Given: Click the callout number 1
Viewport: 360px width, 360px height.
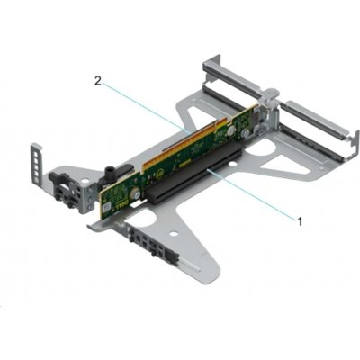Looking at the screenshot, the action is pos(300,222).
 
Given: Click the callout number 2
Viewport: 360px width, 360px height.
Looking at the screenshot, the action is pos(98,81).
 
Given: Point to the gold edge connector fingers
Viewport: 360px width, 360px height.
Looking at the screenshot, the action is pos(179,143).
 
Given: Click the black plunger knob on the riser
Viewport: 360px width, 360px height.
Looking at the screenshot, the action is pos(108,173).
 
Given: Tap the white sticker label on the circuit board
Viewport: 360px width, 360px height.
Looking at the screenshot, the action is pos(107,208).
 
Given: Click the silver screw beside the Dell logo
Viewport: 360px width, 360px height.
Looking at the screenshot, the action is pos(137,194).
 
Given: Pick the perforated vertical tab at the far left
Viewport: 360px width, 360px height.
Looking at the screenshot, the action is pos(35,164).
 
